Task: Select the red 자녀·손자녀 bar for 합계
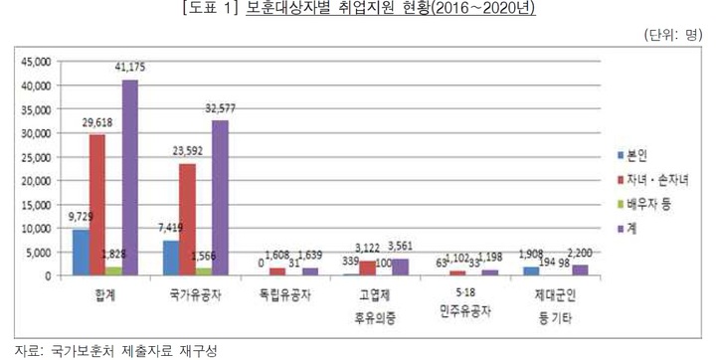point(97,204)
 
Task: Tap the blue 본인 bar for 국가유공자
point(170,258)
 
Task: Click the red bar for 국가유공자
point(187,219)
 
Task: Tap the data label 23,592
point(186,150)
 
